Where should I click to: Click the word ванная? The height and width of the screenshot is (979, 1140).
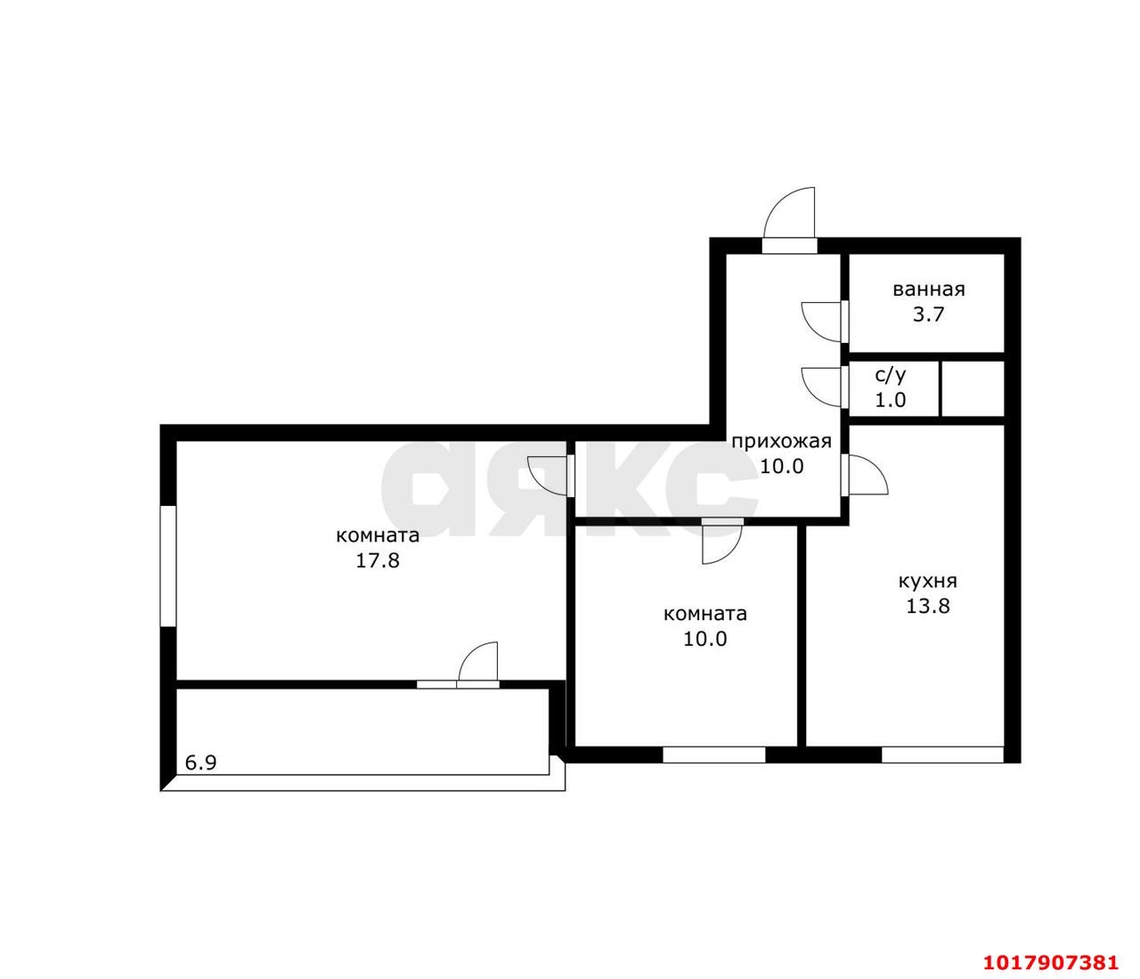(x=929, y=290)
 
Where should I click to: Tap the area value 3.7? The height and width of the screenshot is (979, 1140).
(x=929, y=314)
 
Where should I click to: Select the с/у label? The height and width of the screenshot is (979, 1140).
(x=890, y=375)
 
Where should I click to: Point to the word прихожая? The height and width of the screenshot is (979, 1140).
(x=781, y=442)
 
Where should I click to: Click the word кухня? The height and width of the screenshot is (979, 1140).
(x=928, y=582)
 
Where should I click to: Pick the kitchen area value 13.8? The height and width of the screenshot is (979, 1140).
(x=928, y=606)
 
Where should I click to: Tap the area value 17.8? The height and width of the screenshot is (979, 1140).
(x=378, y=560)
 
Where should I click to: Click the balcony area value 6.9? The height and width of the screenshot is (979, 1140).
(x=200, y=763)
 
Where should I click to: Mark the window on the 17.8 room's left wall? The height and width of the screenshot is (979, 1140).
(x=167, y=567)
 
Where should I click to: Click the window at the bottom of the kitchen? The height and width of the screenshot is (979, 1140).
(x=942, y=755)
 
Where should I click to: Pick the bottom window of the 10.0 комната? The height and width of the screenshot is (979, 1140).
(x=713, y=755)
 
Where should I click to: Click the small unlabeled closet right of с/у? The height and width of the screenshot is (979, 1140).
(x=972, y=389)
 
